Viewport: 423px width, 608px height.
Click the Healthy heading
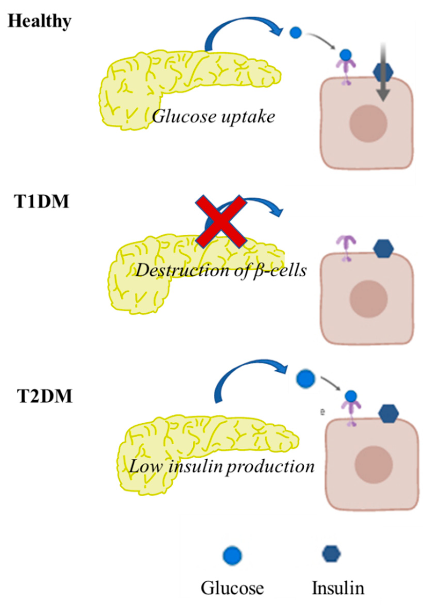click(x=40, y=22)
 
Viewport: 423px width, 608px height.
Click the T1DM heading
click(x=42, y=202)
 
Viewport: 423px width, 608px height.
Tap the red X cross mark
click(x=221, y=222)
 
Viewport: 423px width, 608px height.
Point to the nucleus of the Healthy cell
click(x=368, y=124)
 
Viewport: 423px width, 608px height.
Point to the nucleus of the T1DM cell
click(x=369, y=298)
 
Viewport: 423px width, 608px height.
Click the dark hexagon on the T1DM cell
click(x=383, y=248)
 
